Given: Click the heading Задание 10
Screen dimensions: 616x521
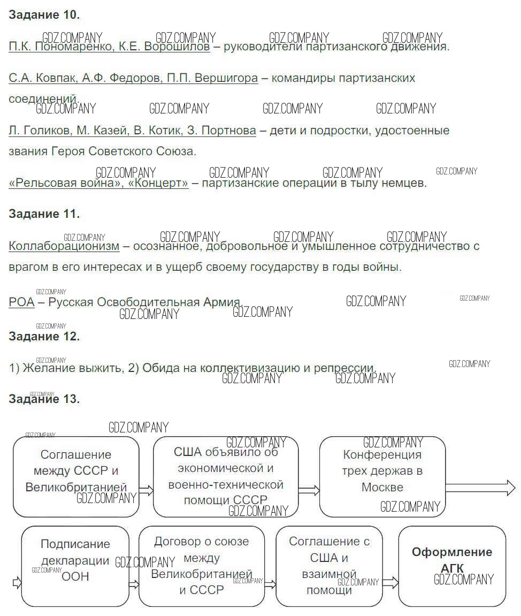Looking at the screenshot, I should point(44,15).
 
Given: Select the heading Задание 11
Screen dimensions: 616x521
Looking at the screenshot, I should point(44,214).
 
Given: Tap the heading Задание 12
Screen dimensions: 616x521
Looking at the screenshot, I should point(44,337).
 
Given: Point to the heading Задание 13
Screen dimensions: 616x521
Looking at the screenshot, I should point(44,399).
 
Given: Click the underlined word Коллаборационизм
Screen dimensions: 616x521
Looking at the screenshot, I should point(64,246).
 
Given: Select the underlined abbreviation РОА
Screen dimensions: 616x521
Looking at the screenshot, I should point(21,302).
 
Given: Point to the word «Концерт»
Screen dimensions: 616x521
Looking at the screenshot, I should point(163,183).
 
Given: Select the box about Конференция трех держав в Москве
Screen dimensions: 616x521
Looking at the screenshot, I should point(382,476).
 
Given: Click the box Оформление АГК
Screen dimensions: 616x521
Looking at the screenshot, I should point(452,566).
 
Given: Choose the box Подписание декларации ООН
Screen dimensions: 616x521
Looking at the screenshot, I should point(75,566).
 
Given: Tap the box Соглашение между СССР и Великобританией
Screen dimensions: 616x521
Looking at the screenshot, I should point(75,476).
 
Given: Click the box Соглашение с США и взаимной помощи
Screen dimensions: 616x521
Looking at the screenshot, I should point(329,566).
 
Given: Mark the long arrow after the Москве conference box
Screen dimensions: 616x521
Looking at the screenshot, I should point(480,488).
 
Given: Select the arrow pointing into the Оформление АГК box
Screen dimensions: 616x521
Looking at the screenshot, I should point(390,582).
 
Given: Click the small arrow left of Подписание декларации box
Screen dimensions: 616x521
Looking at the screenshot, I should point(17,582).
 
